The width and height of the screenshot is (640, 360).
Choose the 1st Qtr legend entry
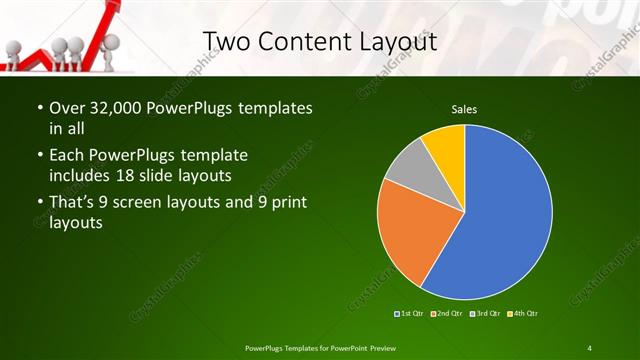409,314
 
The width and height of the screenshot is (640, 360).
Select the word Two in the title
225,42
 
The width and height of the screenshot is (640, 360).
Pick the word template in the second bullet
213,156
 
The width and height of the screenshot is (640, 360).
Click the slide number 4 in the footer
590,347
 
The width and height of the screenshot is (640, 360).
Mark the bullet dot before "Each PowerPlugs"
39,156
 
